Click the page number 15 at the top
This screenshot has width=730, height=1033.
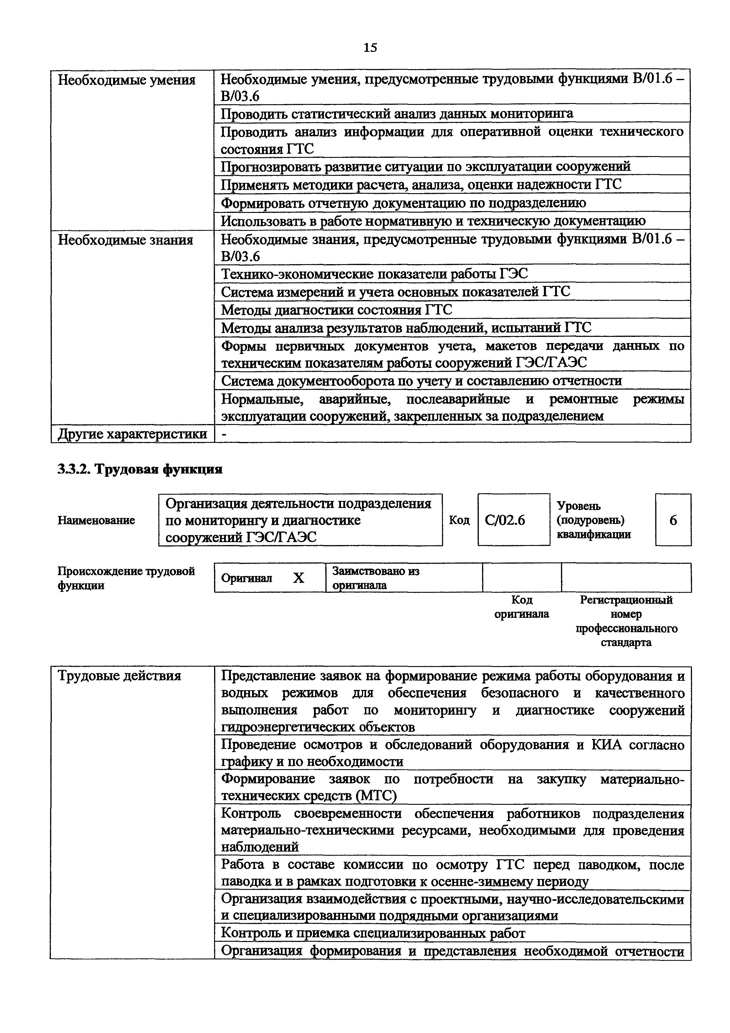(370, 48)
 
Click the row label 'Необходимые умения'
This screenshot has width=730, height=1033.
(127, 80)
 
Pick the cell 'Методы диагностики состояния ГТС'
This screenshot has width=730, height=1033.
(337, 310)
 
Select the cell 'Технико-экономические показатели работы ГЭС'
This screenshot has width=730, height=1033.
(374, 274)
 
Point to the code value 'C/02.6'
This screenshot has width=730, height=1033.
(505, 521)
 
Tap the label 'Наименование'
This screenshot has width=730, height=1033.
(96, 521)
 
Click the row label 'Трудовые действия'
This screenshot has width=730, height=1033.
(120, 676)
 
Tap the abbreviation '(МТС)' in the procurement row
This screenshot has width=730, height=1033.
(376, 796)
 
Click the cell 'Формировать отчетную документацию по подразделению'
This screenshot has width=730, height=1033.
(403, 203)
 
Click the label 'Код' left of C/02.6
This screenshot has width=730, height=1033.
(459, 521)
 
